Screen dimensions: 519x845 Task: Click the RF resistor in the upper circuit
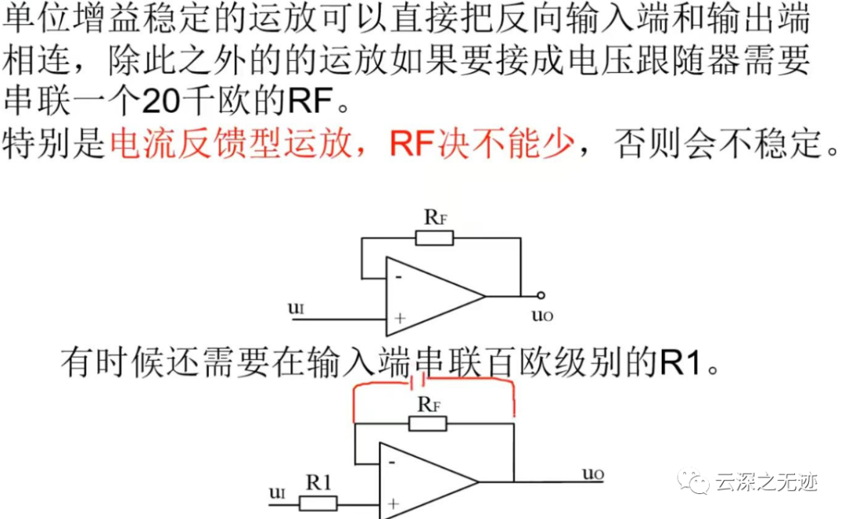point(434,238)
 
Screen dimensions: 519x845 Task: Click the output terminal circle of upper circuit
point(541,297)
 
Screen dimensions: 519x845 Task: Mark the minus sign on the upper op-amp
point(399,276)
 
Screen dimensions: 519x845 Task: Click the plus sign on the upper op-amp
point(400,319)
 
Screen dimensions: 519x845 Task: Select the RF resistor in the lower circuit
point(427,423)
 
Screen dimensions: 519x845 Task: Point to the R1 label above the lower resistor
point(318,483)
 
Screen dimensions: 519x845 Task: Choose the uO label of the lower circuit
point(593,474)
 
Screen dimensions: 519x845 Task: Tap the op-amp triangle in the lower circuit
point(426,481)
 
